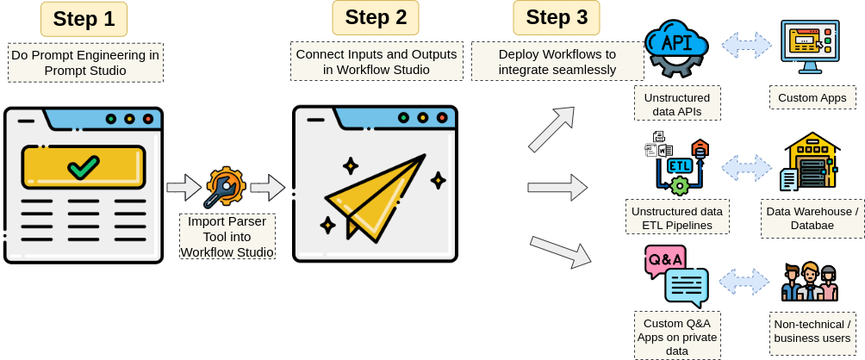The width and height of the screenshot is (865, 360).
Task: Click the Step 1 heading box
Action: pos(84,19)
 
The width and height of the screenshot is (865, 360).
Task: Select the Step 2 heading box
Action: pos(376,17)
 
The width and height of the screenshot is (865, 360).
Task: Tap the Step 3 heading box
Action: pos(557,17)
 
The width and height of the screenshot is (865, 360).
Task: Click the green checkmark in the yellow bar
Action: pos(84,166)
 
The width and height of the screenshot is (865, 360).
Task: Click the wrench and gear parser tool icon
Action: pos(225,187)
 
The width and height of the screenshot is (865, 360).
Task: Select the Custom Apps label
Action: pos(812,97)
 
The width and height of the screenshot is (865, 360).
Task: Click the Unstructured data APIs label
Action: pos(677,102)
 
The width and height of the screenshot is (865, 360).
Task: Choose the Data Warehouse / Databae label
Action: pos(812,218)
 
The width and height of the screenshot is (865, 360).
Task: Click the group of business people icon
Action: pos(810,282)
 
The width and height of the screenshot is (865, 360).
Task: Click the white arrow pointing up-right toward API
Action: pos(551,129)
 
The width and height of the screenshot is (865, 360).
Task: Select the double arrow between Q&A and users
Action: pos(744,282)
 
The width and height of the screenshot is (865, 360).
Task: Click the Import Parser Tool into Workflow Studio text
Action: pos(227,236)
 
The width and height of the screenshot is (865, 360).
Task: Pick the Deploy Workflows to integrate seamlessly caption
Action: pos(557,61)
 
